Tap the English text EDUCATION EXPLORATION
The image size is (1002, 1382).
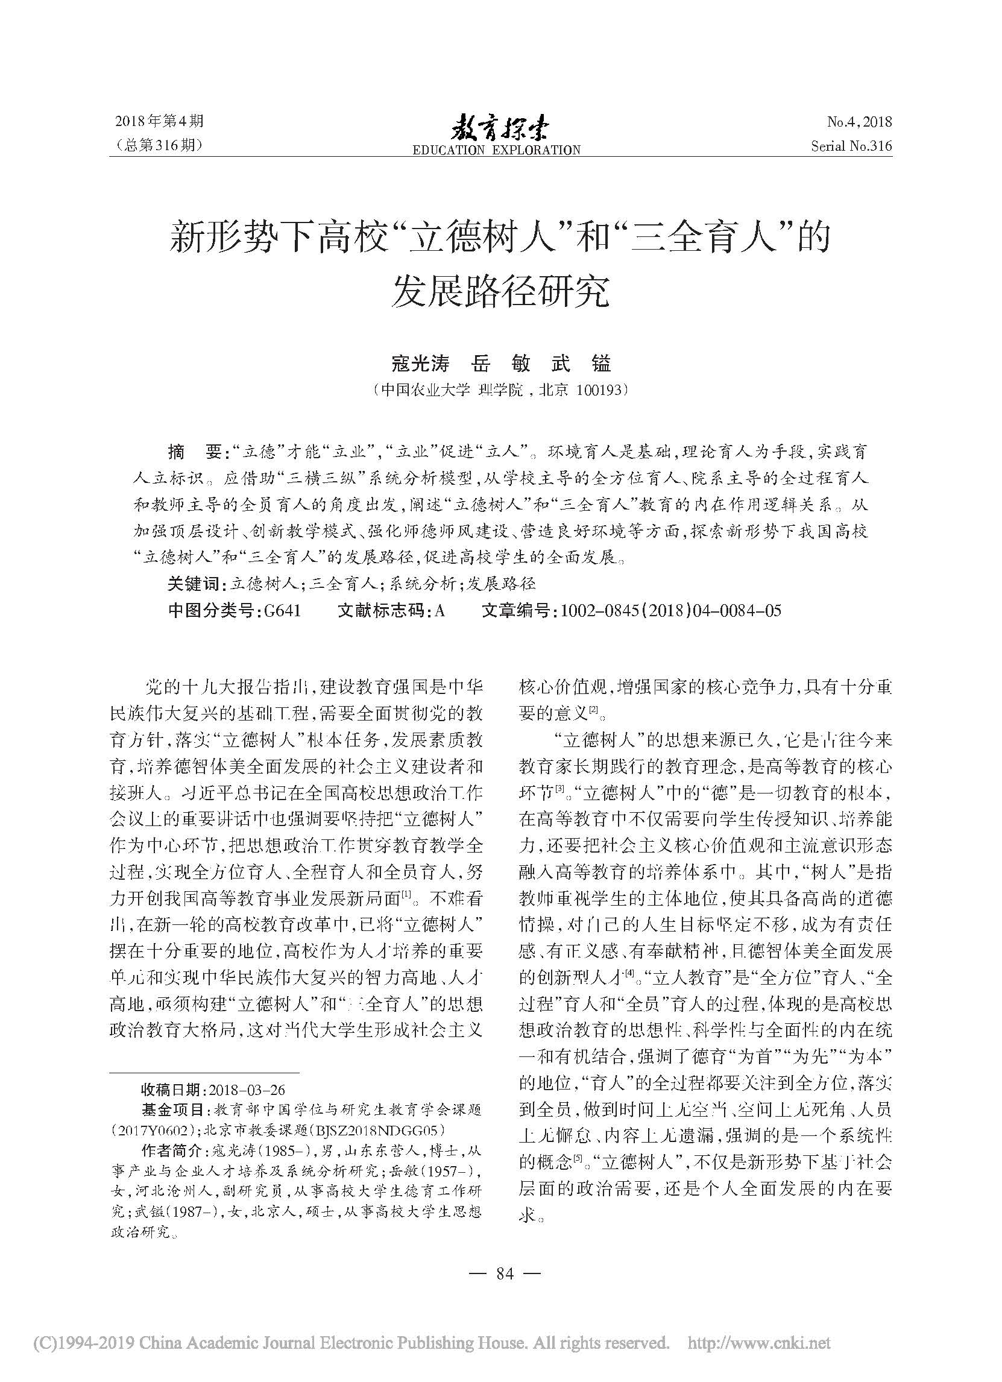(496, 150)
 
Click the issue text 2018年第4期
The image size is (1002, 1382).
(159, 122)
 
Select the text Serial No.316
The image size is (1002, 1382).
(851, 147)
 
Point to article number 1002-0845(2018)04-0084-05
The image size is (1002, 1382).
(670, 611)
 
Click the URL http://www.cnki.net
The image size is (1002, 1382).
(758, 1356)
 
